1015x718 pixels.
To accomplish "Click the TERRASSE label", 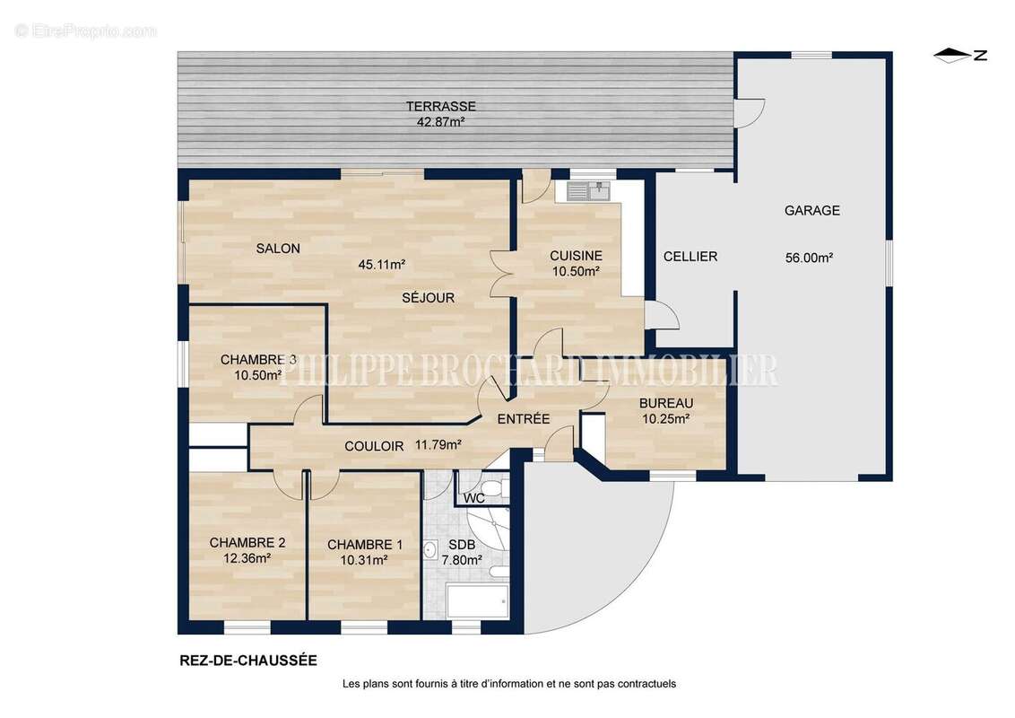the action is point(441,106).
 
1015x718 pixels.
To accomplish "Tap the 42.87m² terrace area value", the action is point(441,121).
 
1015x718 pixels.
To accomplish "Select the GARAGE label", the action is point(811,211).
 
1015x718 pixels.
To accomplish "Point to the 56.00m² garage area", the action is point(809,258).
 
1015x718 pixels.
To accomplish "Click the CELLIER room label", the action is point(690,257).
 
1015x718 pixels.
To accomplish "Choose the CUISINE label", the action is point(577,256).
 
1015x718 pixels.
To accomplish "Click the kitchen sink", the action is point(588,191).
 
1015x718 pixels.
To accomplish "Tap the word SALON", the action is point(278,249).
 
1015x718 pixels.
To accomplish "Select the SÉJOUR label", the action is point(428,297).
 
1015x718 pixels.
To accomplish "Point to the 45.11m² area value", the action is point(382,265).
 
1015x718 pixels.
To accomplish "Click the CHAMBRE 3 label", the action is point(258,360).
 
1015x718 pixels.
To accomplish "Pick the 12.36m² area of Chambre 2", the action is point(247,558).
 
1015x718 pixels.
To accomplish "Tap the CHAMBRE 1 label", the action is point(364,545).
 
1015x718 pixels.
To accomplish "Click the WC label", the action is point(474,498).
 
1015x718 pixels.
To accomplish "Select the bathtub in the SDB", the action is point(477,600).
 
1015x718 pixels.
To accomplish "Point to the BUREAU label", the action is point(666,403).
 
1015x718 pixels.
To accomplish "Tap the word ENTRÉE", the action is point(524,419).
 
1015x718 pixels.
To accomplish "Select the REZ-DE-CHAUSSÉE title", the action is point(248,661).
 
